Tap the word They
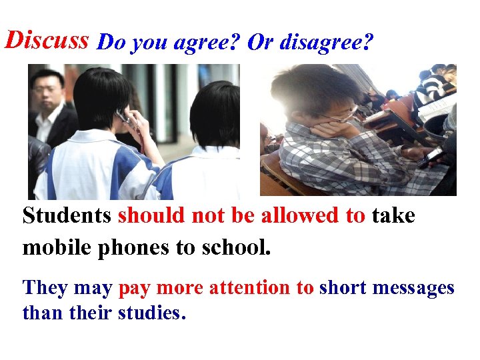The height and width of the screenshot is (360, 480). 46,288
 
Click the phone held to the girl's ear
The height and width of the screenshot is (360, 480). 124,117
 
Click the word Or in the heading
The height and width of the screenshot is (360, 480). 259,43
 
